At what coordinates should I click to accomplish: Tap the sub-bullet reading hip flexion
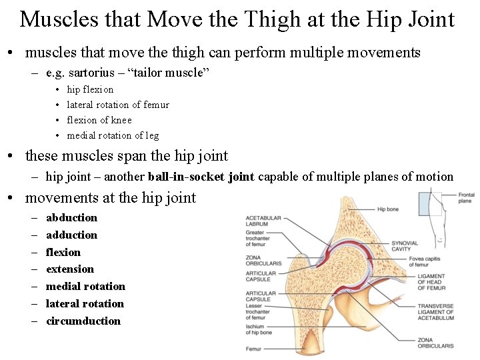(90, 89)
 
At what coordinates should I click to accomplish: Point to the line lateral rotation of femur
(118, 105)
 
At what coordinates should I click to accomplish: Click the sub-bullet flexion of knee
(99, 120)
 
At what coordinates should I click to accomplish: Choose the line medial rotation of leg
(113, 135)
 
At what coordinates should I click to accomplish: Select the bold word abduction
(71, 217)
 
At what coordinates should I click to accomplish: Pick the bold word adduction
(71, 235)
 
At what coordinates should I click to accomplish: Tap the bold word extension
(70, 269)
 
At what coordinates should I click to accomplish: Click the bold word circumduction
(83, 321)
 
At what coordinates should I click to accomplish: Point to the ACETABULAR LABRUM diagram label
(263, 221)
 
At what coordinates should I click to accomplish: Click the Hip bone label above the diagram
(387, 209)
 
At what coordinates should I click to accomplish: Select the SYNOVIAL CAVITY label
(405, 246)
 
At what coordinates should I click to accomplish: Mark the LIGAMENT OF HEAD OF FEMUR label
(432, 283)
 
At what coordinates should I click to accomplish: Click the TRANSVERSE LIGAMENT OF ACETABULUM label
(435, 312)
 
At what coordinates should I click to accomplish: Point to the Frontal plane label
(466, 198)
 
